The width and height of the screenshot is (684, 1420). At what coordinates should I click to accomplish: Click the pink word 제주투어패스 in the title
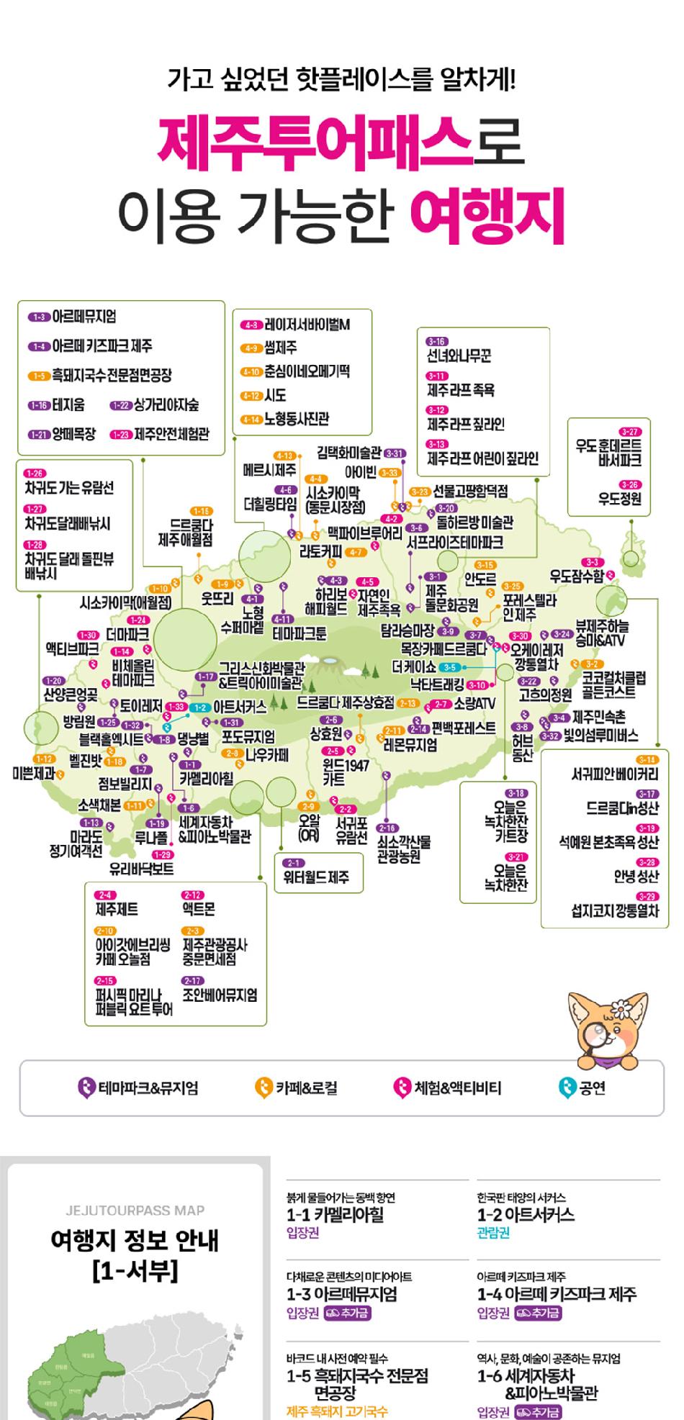315,142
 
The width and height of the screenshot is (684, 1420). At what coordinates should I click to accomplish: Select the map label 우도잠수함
576,576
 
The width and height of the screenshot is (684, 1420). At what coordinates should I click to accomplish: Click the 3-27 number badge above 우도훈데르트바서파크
629,431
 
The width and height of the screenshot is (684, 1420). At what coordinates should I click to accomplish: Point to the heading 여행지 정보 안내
135,1240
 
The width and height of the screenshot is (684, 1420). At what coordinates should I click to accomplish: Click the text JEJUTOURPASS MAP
135,1210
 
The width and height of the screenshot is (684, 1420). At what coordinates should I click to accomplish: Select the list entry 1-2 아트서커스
526,1215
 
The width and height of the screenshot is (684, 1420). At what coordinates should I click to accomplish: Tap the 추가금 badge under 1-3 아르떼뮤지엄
347,1313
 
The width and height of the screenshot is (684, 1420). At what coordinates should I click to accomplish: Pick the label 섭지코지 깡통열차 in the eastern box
614,910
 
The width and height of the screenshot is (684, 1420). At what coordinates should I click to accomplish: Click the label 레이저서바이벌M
307,325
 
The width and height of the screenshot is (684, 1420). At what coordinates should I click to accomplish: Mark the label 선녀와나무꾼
459,356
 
